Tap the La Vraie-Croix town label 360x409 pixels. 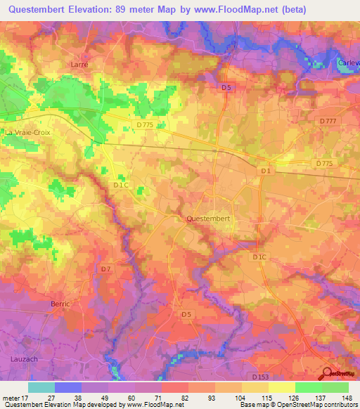click(28, 131)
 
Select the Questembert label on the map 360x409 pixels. click(209, 219)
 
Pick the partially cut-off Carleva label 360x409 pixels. click(349, 62)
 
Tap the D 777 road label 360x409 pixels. click(328, 121)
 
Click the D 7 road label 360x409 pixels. click(105, 269)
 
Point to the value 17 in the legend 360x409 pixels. click(30, 398)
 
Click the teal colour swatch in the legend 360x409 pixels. click(41, 387)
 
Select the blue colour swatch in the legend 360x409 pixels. click(68, 387)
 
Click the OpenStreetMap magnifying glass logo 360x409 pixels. click(327, 375)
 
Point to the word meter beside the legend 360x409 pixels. click(11, 398)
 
